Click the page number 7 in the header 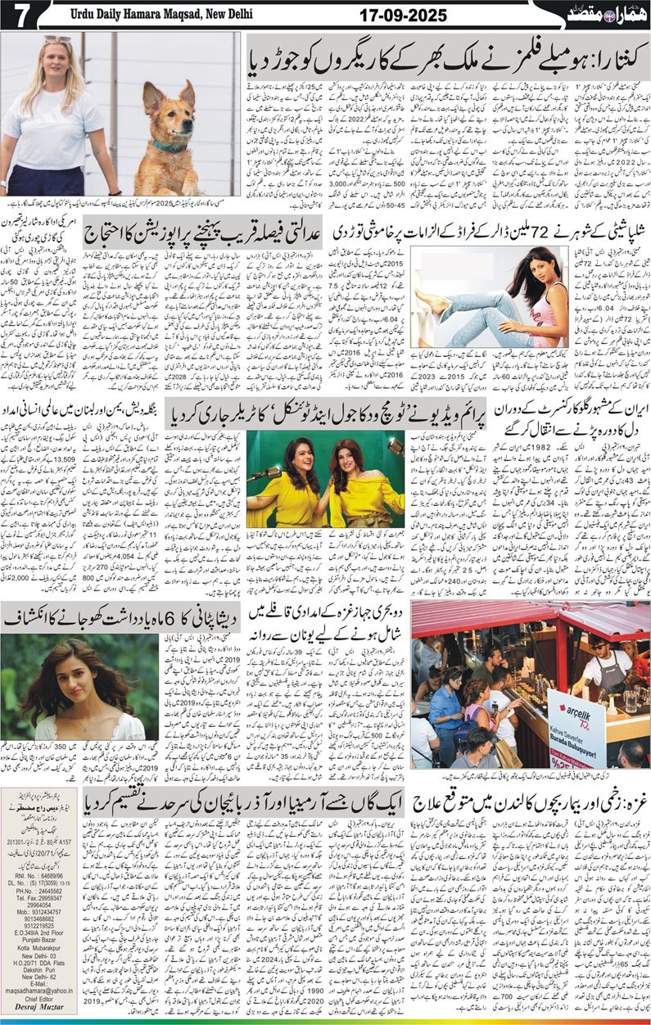point(17,15)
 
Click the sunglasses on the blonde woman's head point(57,40)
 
